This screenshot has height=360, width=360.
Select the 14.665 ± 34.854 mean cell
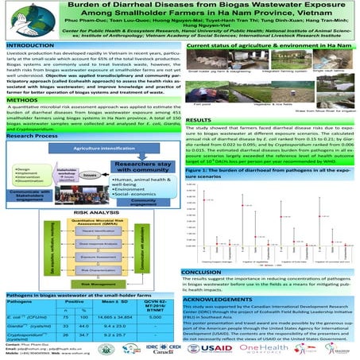coord(119,315)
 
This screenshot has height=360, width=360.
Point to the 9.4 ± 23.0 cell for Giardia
coord(119,326)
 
